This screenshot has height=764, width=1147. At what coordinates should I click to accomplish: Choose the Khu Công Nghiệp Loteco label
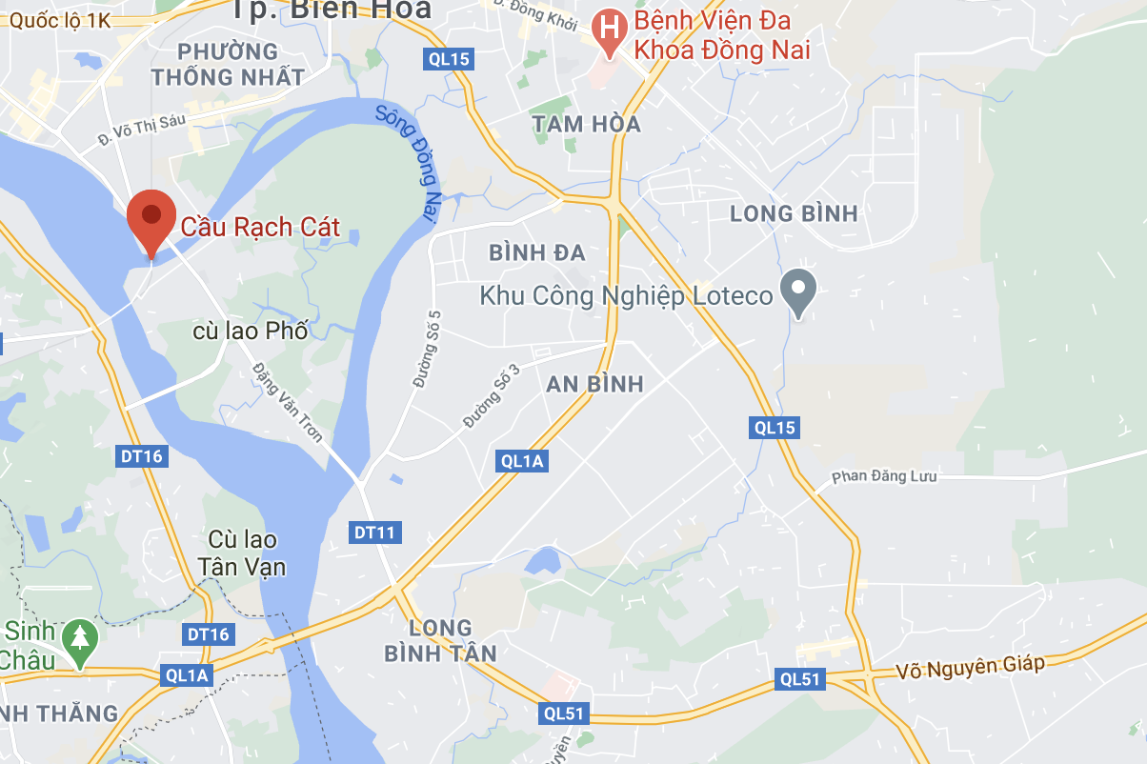tap(626, 296)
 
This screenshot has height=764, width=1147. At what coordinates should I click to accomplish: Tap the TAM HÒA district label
tap(586, 124)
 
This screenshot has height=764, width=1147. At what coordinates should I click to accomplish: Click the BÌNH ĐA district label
tap(536, 252)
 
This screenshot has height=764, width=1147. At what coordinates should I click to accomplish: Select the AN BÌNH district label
tap(594, 384)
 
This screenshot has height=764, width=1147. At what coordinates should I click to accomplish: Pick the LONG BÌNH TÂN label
tap(440, 640)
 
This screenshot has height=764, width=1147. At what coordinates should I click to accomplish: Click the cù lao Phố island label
tap(250, 332)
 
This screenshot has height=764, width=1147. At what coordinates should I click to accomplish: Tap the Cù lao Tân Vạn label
tap(242, 553)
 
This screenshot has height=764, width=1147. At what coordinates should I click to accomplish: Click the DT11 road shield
tap(376, 532)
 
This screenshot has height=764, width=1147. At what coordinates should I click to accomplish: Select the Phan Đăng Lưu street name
tap(884, 476)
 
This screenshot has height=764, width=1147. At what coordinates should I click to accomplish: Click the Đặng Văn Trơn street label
tap(287, 401)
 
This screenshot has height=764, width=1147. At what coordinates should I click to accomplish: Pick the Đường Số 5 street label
tap(425, 349)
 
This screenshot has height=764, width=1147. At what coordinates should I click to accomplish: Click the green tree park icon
tap(79, 635)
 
